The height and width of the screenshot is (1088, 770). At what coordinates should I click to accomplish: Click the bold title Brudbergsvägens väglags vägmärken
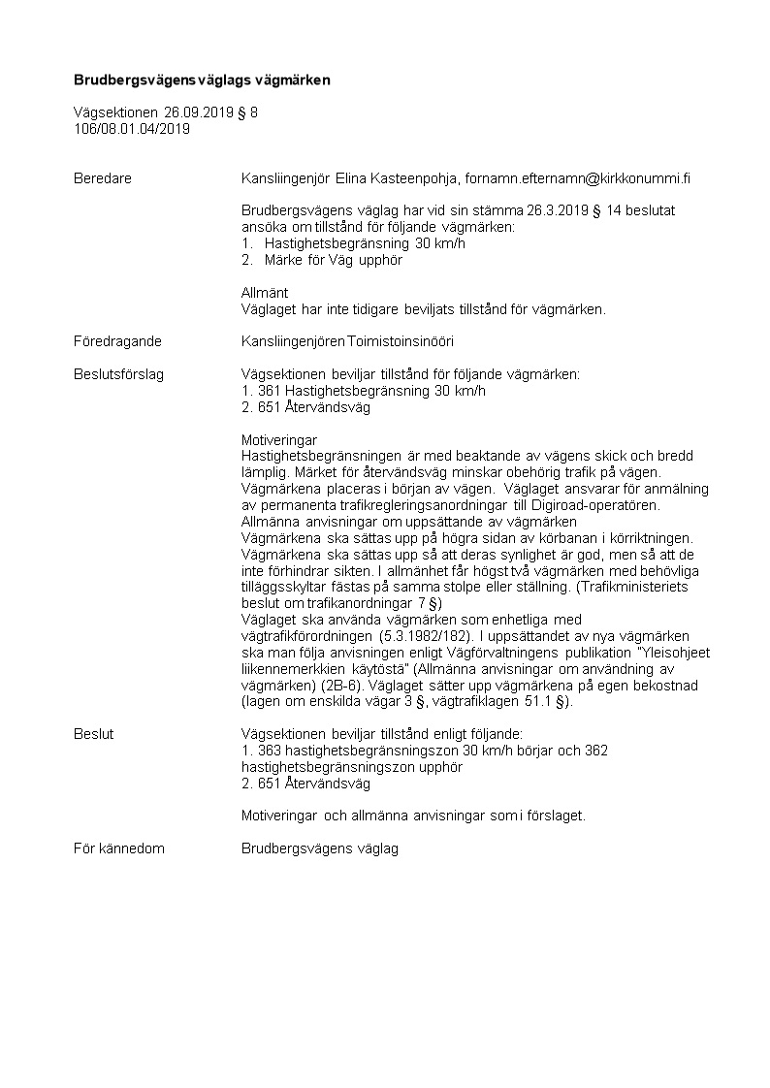(x=203, y=80)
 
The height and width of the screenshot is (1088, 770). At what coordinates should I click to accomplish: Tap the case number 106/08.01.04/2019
(x=132, y=128)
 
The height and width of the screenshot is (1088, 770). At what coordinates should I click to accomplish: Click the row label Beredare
(x=103, y=178)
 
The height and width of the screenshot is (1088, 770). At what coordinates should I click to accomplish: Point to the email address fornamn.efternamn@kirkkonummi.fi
(x=578, y=178)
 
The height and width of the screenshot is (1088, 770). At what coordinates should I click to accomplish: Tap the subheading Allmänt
(x=264, y=292)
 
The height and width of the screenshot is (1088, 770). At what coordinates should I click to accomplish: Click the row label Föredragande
(x=117, y=341)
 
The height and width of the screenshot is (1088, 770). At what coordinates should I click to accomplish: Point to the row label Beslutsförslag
(x=118, y=374)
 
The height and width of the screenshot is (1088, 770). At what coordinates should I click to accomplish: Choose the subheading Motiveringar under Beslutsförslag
(x=279, y=439)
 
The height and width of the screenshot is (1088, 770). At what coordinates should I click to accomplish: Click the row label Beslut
(x=93, y=734)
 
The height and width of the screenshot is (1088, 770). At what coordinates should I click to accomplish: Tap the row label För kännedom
(x=118, y=848)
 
